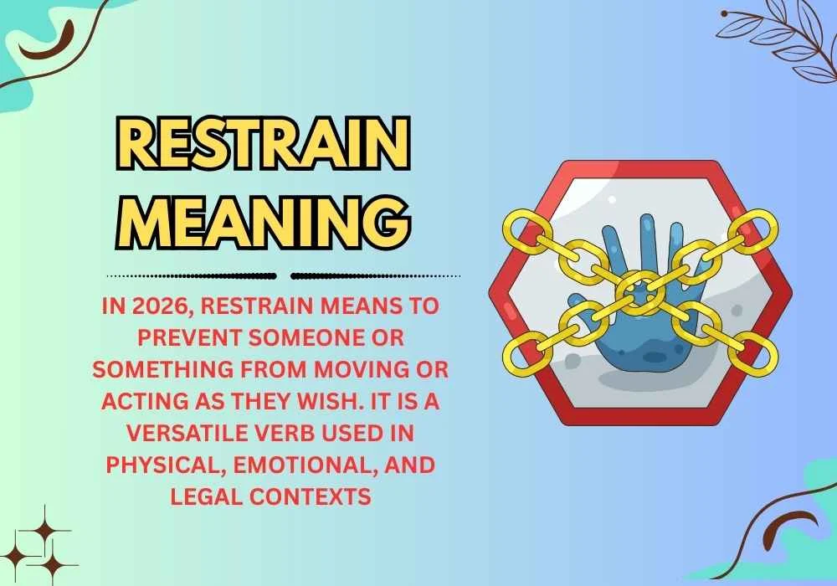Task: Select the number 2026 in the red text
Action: [x=157, y=307]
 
